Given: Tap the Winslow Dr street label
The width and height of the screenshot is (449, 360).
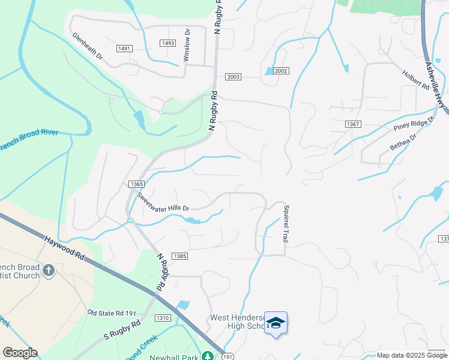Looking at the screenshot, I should (187, 44).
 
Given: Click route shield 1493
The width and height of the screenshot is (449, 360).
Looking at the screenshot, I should (168, 43).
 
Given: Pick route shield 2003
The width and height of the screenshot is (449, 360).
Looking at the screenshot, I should (234, 77).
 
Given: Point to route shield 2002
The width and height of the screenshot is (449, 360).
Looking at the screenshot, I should (281, 71).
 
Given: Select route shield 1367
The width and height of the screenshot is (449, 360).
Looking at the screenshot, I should (352, 124).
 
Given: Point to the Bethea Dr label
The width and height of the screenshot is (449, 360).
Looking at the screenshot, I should (403, 143).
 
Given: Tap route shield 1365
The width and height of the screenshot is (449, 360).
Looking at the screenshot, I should (136, 184).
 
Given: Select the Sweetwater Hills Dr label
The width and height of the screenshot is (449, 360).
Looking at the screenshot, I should (163, 201).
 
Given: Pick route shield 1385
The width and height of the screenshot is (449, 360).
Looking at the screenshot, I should (181, 256).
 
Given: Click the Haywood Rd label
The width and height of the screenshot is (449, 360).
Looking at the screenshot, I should (64, 247).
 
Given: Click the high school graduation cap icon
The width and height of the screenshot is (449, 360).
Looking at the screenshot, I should (276, 323).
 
